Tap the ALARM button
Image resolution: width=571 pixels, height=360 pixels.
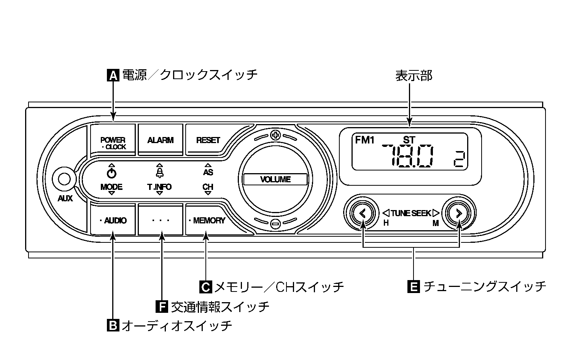[160, 140]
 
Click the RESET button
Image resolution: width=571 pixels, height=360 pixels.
[208, 140]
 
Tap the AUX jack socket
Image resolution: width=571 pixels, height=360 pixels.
[64, 179]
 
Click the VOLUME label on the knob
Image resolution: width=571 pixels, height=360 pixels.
[275, 180]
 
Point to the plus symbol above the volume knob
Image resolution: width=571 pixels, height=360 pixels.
[275, 135]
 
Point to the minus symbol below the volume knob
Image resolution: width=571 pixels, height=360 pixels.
[275, 224]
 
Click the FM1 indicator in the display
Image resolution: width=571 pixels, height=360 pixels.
[364, 140]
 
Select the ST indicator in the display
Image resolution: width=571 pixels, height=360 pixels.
[409, 140]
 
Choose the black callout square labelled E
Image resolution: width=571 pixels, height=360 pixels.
[414, 287]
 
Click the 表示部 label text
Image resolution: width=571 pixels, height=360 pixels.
[414, 76]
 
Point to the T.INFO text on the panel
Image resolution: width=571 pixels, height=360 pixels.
[159, 187]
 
